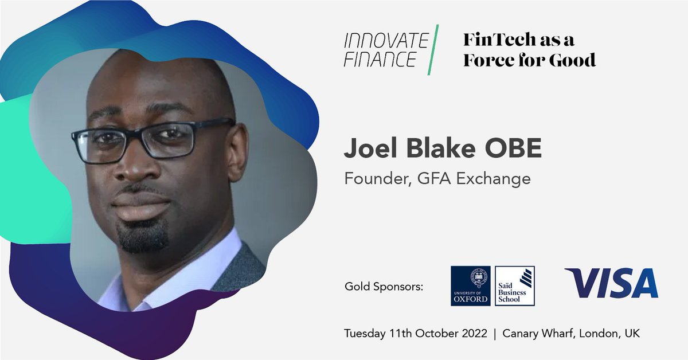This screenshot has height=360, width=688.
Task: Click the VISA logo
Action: tap(611, 283)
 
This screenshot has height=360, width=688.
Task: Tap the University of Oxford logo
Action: tap(471, 285)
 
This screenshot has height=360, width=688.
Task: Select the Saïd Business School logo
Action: tap(514, 285)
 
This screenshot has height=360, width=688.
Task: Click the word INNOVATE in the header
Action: tap(386, 41)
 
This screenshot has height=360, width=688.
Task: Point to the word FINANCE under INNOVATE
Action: tap(380, 60)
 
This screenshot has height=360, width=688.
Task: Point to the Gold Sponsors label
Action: tap(384, 285)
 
